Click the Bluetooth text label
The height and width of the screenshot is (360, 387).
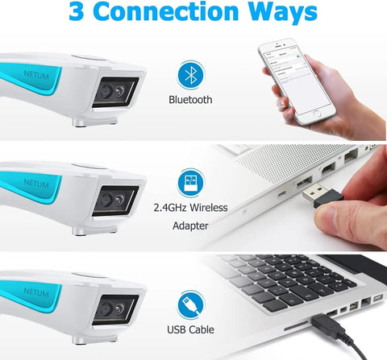191,100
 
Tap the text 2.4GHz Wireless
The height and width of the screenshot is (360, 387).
191,208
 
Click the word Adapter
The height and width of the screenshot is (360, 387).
191,226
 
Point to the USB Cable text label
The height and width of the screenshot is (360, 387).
191,329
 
